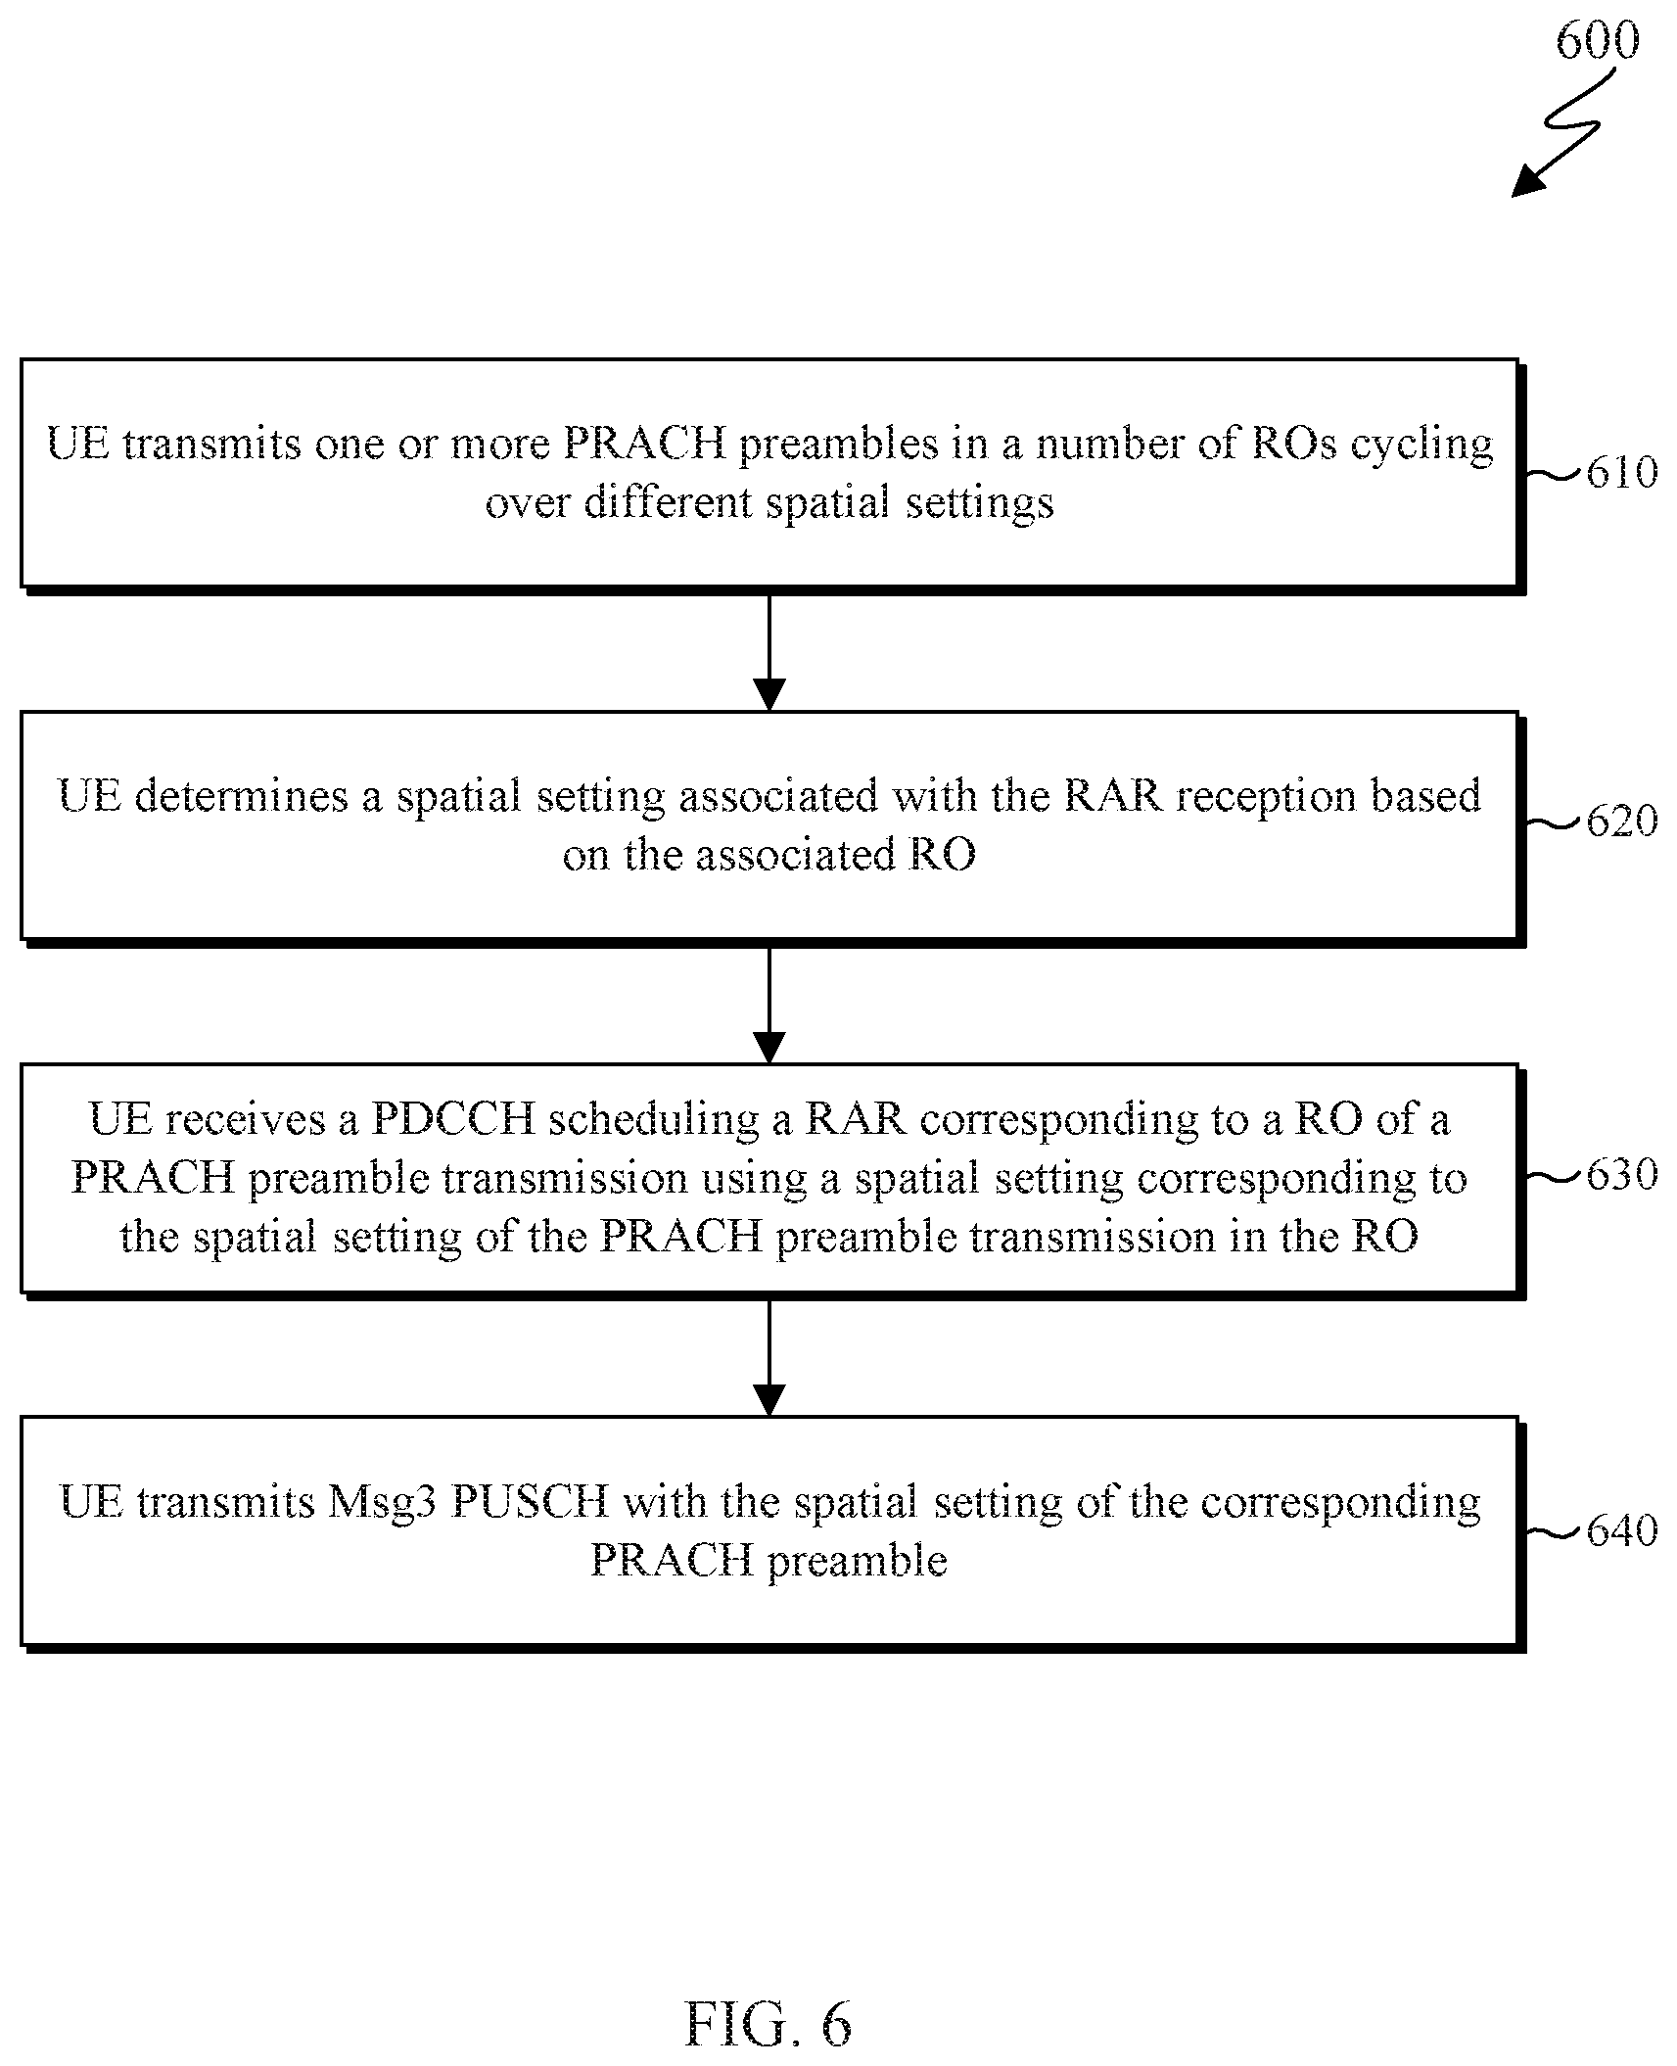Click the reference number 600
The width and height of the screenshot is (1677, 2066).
tap(1597, 42)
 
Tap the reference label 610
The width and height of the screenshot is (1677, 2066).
tap(1622, 473)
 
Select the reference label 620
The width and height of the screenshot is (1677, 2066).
tap(1622, 821)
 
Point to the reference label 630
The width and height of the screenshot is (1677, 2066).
tap(1622, 1174)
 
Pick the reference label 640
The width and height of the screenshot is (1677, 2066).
tap(1622, 1530)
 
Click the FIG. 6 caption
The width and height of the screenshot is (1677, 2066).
tap(769, 2023)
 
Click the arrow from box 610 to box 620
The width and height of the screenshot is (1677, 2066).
tap(769, 650)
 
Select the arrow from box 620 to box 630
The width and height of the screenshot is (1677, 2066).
tap(769, 1004)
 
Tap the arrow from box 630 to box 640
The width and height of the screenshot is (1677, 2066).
tap(769, 1356)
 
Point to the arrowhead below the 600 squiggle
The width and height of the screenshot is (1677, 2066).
tap(1527, 181)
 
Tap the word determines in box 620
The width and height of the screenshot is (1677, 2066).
tap(242, 795)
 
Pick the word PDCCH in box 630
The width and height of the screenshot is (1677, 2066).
tap(453, 1118)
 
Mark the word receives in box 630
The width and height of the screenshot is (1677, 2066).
tap(245, 1119)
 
